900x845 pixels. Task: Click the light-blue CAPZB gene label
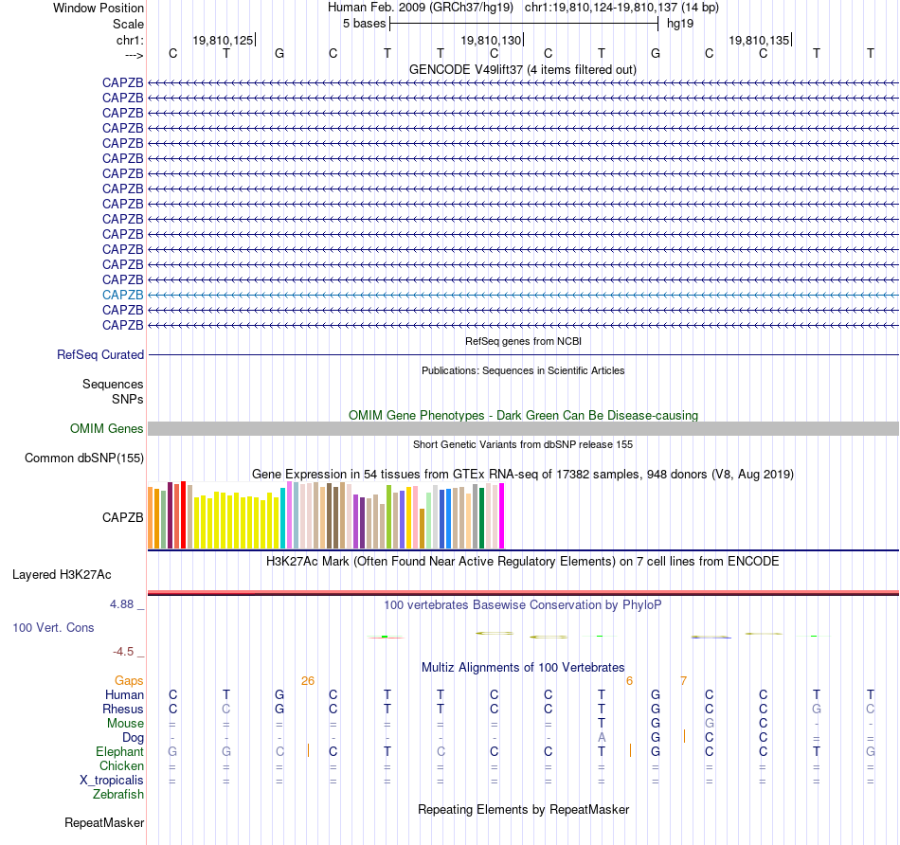coord(123,295)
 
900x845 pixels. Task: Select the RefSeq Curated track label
coord(100,355)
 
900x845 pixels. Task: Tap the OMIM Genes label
coord(107,429)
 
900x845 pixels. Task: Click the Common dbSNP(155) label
coord(84,458)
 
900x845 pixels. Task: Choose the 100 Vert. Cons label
coord(53,627)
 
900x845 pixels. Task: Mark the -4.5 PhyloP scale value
coord(127,652)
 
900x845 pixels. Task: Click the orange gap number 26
coord(307,680)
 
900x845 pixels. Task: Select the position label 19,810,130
coord(491,40)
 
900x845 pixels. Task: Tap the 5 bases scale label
coord(364,23)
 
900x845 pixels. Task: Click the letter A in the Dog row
coord(602,737)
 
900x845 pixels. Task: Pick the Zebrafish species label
coord(118,795)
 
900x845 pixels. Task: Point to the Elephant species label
coord(119,751)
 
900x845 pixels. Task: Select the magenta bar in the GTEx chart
coord(501,516)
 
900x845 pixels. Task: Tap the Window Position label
coord(99,8)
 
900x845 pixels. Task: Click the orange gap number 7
coord(683,680)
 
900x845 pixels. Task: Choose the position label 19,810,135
coord(759,40)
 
